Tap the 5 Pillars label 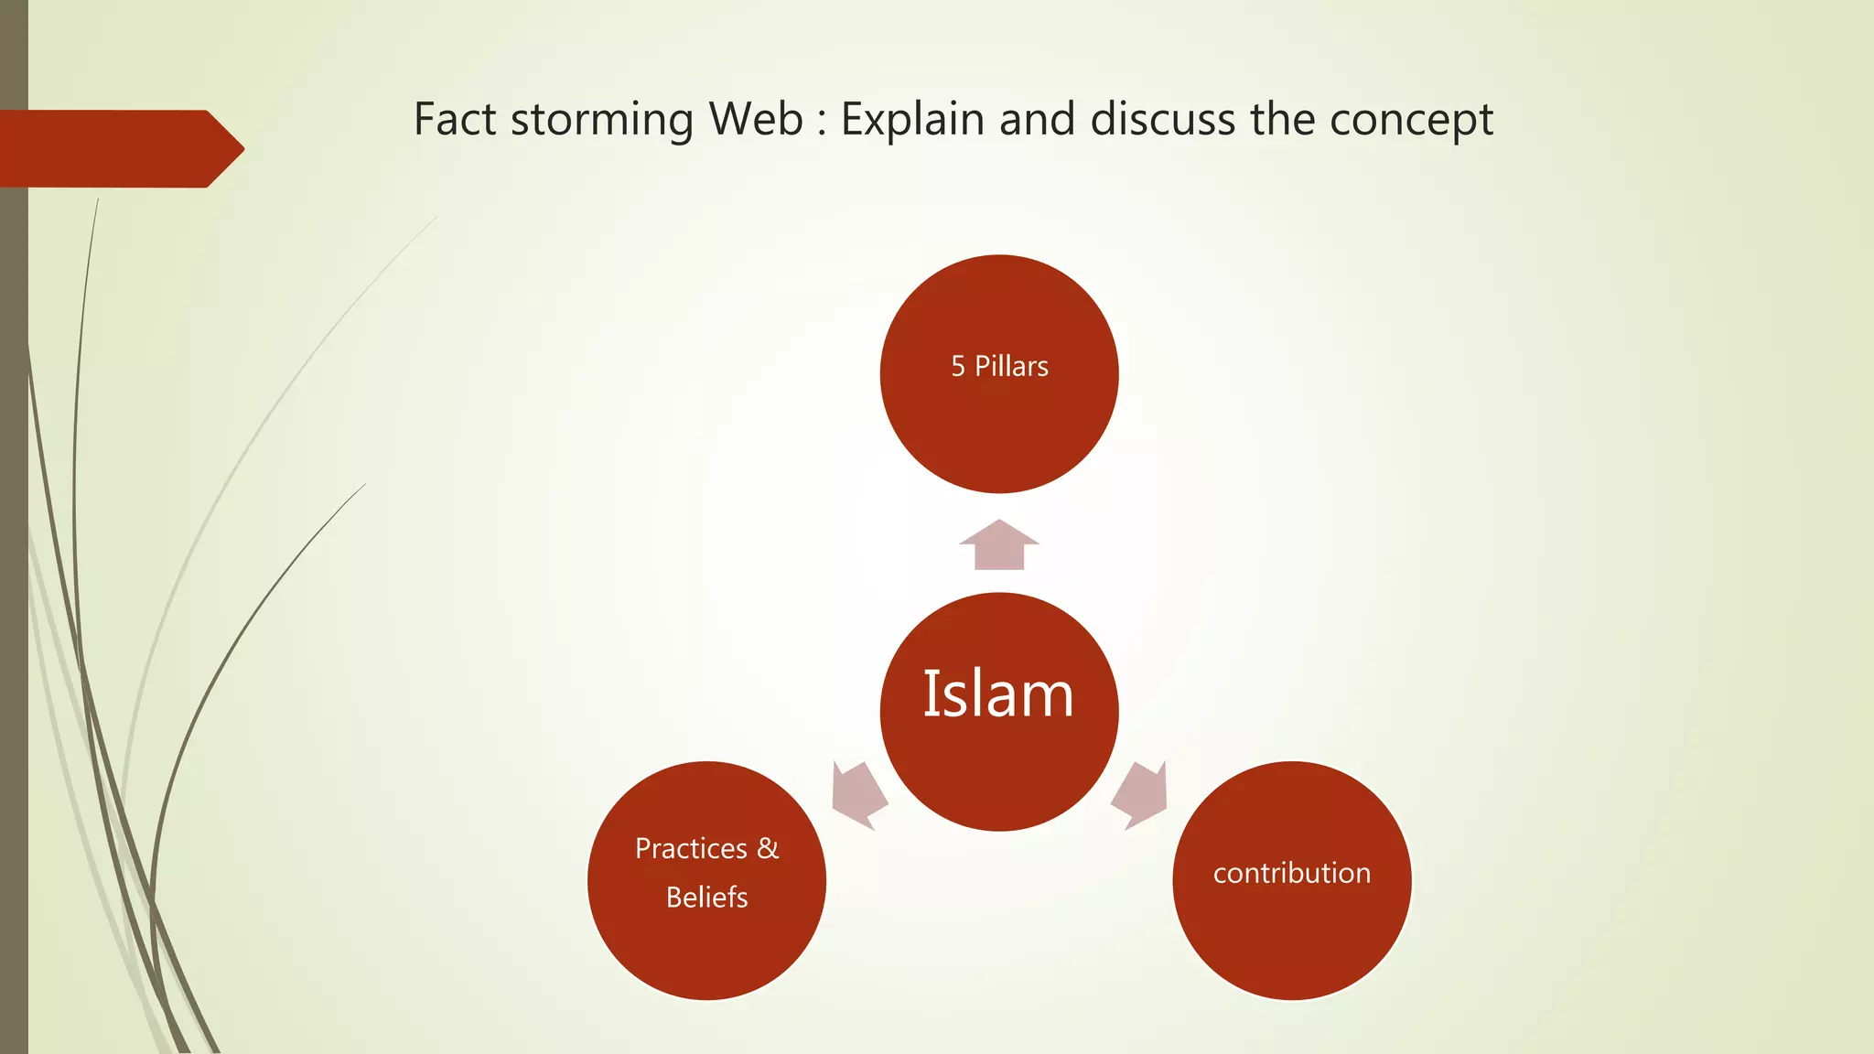999,366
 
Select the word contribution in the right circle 1291,873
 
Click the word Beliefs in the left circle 706,897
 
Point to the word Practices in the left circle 691,848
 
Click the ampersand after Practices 768,848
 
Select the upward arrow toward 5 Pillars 999,545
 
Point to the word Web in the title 756,119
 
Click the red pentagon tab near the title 119,148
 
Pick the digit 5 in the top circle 958,366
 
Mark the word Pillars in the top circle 1011,366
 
